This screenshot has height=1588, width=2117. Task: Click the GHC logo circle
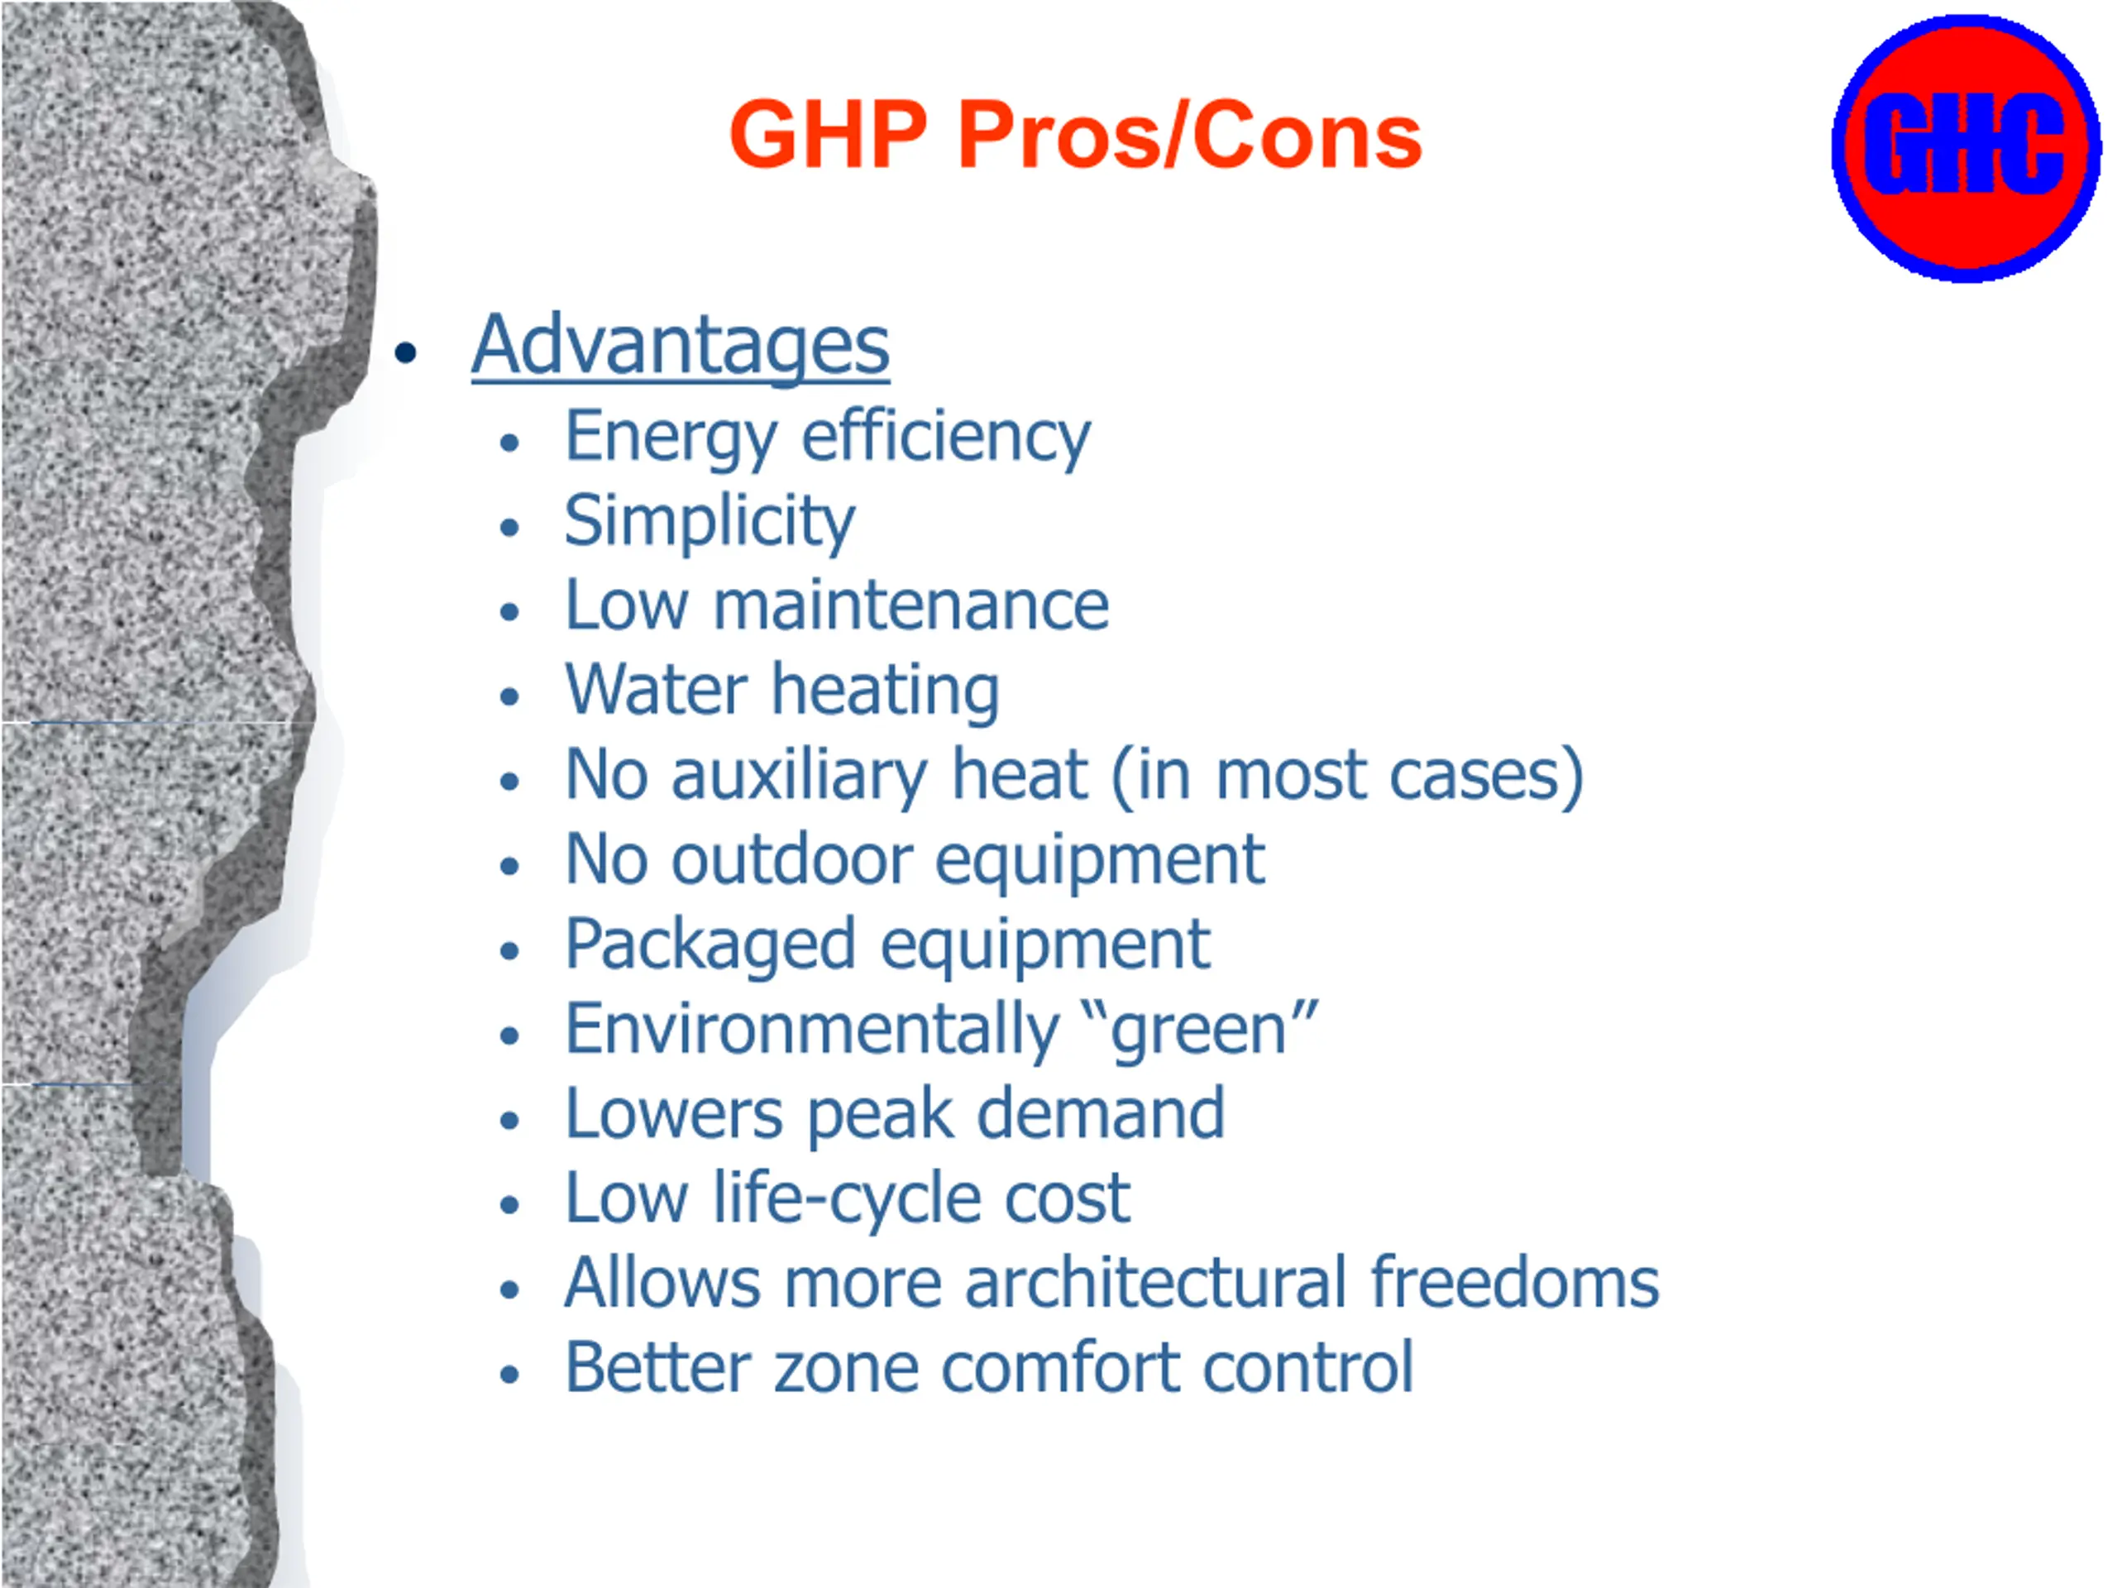pos(1966,148)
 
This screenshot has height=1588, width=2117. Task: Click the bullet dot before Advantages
pos(406,352)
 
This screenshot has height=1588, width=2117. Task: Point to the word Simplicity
pos(710,523)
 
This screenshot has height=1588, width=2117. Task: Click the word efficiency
pos(945,438)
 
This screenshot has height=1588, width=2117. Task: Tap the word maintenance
pos(911,606)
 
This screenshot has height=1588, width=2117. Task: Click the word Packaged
pos(710,945)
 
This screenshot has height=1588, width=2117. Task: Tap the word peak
pos(881,1115)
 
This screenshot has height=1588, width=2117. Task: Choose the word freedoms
pos(1515,1283)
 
